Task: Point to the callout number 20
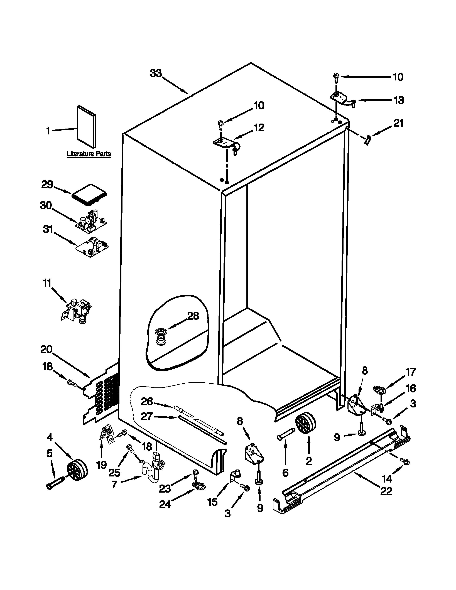coord(46,349)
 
